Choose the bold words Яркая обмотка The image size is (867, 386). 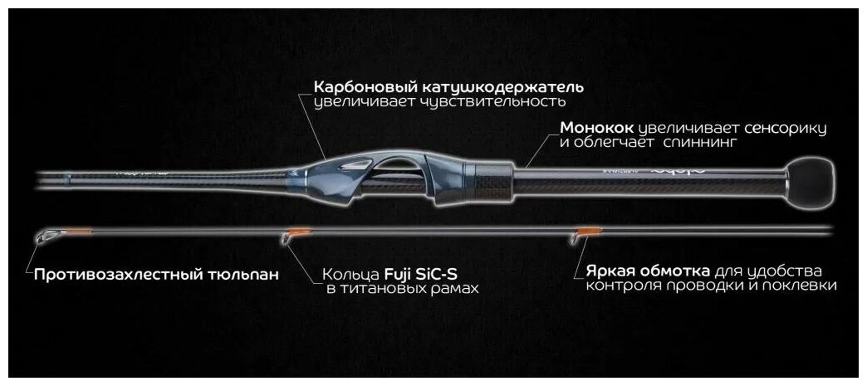point(647,271)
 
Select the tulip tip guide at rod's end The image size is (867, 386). point(45,238)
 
